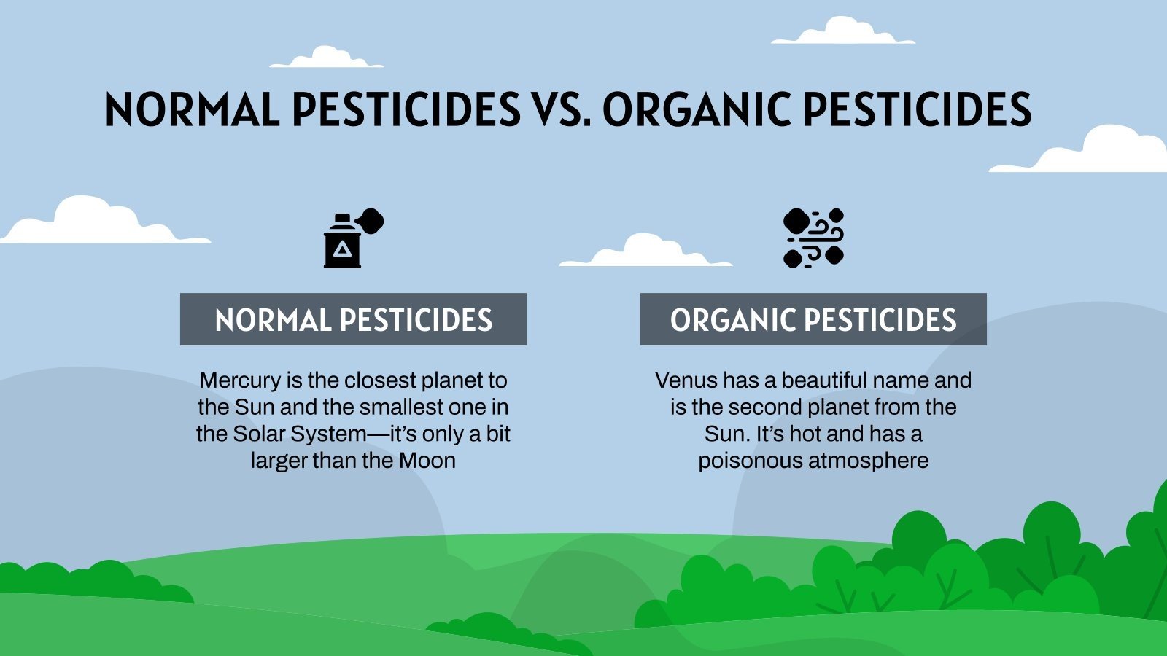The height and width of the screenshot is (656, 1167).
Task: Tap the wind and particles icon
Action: [x=813, y=238]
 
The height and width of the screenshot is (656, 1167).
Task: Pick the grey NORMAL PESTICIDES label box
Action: [x=353, y=319]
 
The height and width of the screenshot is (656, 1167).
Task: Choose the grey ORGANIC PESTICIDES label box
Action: [x=813, y=319]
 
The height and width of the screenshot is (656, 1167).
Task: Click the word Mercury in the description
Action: [x=240, y=380]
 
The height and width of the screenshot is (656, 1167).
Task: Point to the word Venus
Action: [x=686, y=380]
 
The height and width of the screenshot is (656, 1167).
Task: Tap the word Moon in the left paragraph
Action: [x=427, y=461]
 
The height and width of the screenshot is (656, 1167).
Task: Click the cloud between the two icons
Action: [x=645, y=251]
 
